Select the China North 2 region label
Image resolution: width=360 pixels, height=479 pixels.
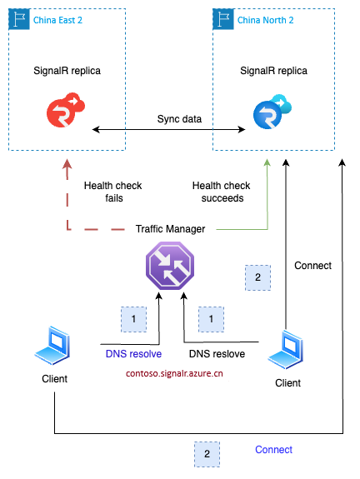point(267,19)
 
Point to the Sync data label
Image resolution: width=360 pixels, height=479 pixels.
point(179,119)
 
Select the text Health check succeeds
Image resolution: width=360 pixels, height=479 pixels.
point(220,191)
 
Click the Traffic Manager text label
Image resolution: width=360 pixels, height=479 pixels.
point(170,227)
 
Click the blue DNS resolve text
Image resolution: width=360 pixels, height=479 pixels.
point(133,354)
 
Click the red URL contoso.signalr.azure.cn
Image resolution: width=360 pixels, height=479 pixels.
point(169,374)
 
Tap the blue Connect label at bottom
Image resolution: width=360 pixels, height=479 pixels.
point(273,450)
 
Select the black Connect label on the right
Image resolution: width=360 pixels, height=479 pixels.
point(312,266)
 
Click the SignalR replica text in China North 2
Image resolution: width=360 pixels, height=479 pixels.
point(275,71)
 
